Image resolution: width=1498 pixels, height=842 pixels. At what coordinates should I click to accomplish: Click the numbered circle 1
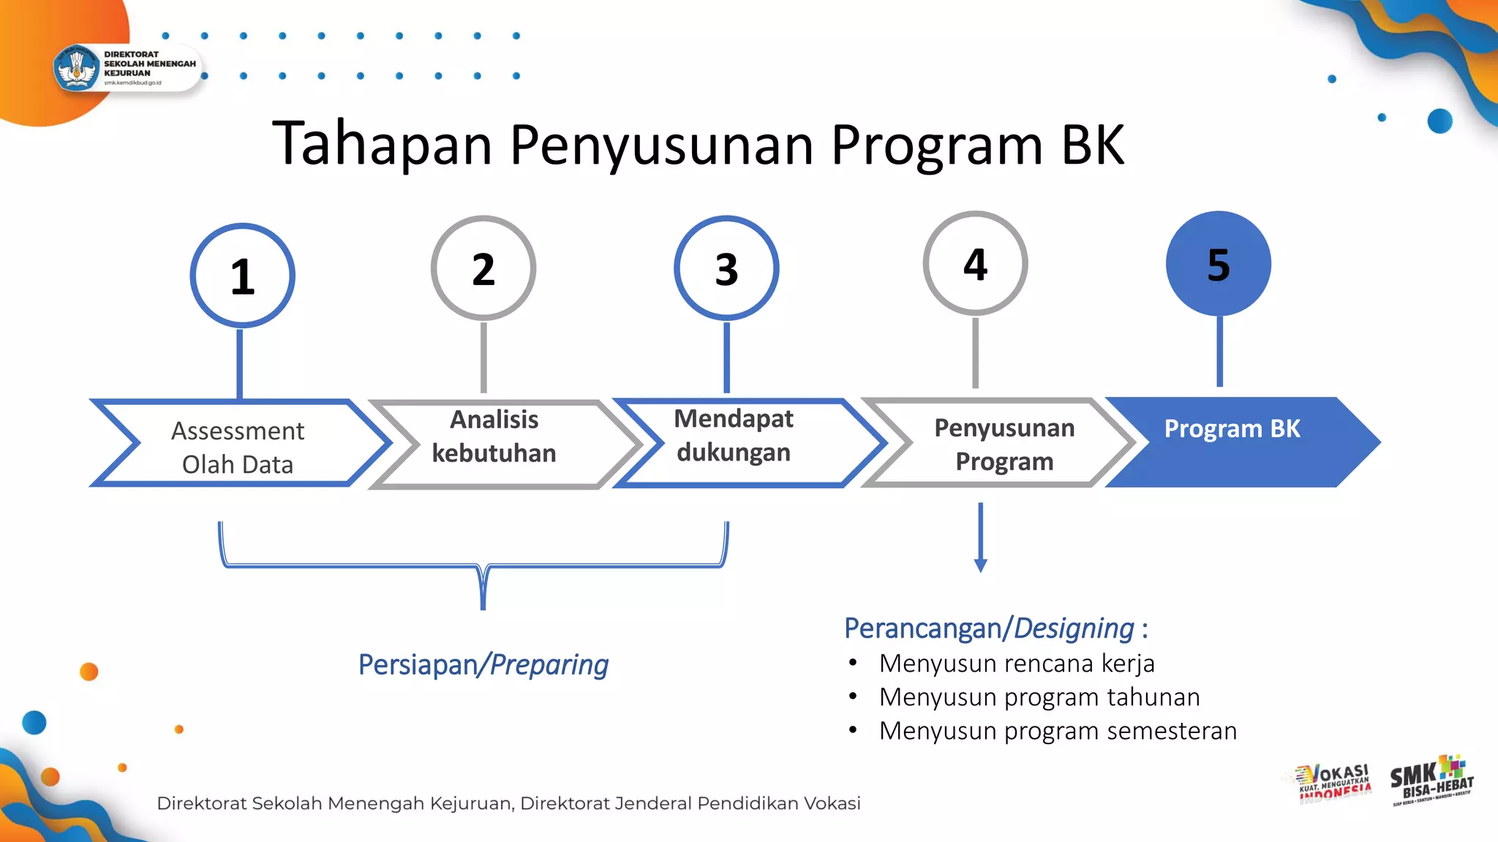pos(242,276)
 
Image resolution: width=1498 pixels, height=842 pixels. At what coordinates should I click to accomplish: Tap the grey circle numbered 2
pos(483,268)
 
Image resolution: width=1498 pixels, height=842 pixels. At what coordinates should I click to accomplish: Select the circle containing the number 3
pos(726,268)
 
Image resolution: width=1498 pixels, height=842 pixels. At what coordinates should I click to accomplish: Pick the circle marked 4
pos(975,264)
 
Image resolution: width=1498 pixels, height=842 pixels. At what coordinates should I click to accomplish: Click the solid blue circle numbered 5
pos(1219,264)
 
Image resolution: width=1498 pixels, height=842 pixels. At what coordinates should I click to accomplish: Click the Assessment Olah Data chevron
pos(238,446)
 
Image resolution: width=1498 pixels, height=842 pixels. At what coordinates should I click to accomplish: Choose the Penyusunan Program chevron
pos(1004,444)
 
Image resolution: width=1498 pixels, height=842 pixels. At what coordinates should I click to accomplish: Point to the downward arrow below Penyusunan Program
pos(981,537)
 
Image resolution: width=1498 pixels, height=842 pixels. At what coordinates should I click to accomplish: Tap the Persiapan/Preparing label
pos(483,665)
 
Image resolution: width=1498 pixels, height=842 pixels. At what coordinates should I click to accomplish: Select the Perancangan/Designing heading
pos(995,629)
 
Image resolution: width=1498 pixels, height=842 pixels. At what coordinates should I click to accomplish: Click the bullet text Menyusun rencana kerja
pos(1017,664)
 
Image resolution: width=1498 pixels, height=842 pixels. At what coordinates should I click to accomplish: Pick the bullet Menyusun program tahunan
pos(1039,697)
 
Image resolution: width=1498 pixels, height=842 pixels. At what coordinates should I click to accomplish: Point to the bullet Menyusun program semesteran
pos(1058,731)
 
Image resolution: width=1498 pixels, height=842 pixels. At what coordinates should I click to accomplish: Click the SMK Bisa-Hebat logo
pos(1431,780)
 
